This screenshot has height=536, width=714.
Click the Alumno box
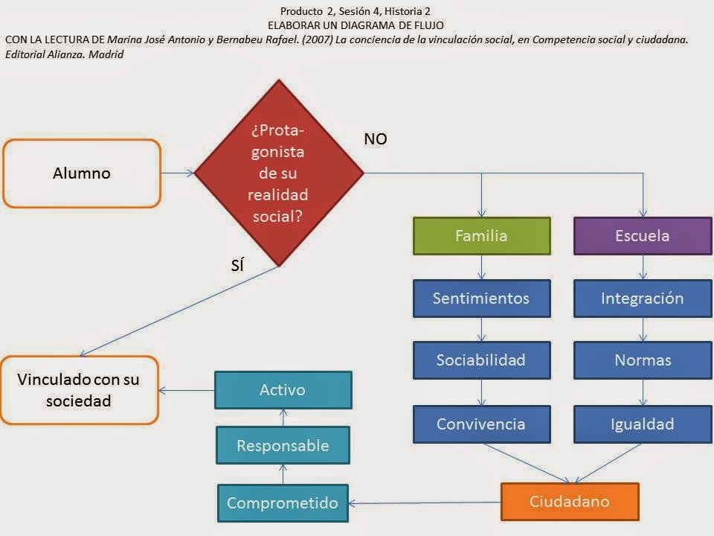pyautogui.click(x=82, y=173)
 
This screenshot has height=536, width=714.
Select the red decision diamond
pyautogui.click(x=279, y=173)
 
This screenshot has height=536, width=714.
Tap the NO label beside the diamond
pyautogui.click(x=376, y=139)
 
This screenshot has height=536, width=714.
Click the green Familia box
pyautogui.click(x=481, y=236)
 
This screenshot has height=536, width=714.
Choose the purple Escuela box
pyautogui.click(x=643, y=236)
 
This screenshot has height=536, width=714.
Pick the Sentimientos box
pyautogui.click(x=481, y=299)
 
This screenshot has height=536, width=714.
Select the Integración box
pyautogui.click(x=643, y=299)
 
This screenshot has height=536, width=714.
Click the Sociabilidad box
pyautogui.click(x=481, y=360)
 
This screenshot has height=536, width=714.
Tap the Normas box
pyautogui.click(x=643, y=360)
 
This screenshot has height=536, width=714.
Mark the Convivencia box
pyautogui.click(x=481, y=424)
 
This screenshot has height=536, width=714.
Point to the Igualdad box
pyautogui.click(x=643, y=424)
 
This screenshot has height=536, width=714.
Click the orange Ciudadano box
pyautogui.click(x=569, y=501)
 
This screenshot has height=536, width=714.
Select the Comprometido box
pyautogui.click(x=282, y=502)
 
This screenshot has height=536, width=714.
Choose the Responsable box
pyautogui.click(x=282, y=446)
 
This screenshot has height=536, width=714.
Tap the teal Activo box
pyautogui.click(x=283, y=390)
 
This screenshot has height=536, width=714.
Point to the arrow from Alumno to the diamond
pyautogui.click(x=178, y=173)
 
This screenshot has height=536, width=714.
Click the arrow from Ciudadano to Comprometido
pyautogui.click(x=424, y=503)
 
